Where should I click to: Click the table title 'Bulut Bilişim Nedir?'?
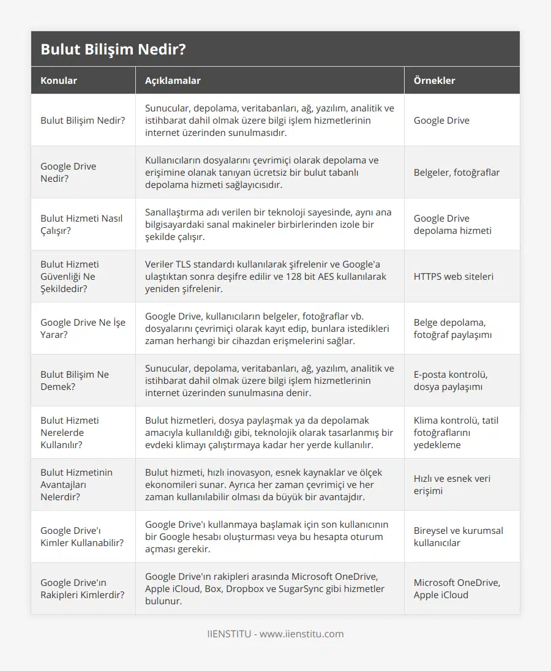tap(113, 49)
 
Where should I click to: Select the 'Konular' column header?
tap(59, 80)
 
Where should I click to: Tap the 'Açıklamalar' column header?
tap(173, 80)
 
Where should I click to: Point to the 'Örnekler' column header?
tap(434, 80)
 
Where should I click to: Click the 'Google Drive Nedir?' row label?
tap(69, 172)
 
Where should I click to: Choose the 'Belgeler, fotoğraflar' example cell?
tap(456, 172)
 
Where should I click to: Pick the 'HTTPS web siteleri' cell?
tap(453, 276)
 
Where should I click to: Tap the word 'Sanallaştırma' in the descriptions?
tap(176, 212)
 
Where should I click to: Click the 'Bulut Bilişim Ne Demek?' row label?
tap(75, 380)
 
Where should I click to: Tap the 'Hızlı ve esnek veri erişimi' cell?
tap(452, 484)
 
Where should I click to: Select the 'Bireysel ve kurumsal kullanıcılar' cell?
tap(458, 536)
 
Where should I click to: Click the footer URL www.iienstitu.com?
tap(301, 634)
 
